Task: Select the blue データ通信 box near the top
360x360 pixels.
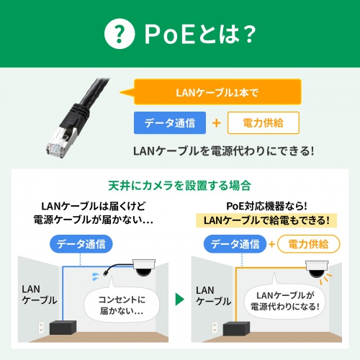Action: (x=170, y=122)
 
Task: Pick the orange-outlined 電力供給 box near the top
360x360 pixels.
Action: (x=263, y=122)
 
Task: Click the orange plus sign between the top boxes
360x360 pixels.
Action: (x=216, y=123)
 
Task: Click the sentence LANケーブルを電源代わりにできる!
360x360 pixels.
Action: (x=224, y=151)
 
